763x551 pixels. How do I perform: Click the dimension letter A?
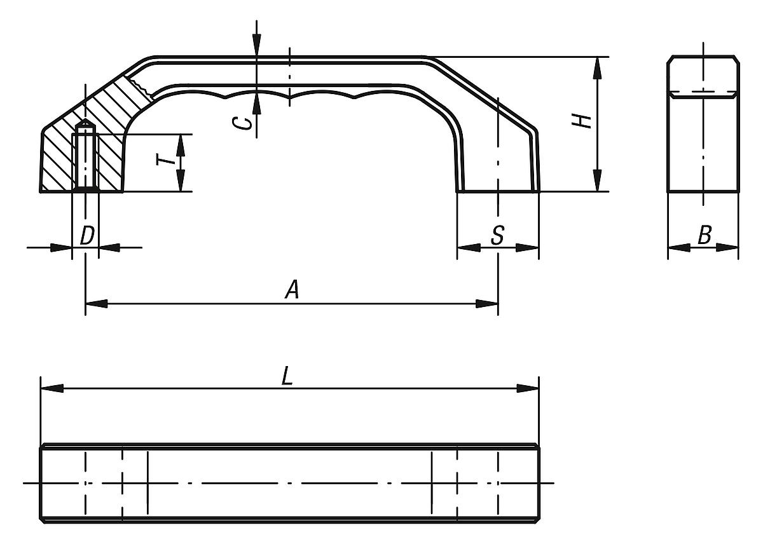tap(291, 290)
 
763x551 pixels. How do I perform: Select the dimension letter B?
tap(704, 235)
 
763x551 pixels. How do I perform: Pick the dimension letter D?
tap(86, 235)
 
